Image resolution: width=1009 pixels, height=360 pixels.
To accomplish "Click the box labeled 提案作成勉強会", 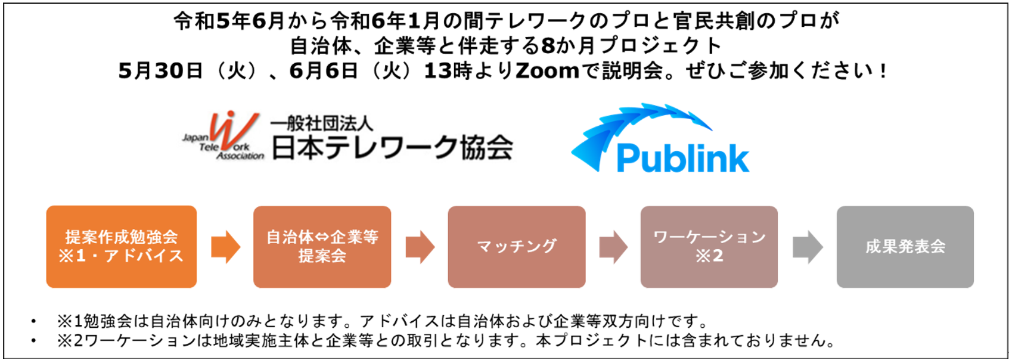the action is (121, 246).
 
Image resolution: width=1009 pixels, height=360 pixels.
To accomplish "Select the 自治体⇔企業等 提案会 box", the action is (322, 246).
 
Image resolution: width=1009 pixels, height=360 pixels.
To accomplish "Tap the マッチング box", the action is (516, 246).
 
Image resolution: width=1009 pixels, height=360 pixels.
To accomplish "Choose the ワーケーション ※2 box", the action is (709, 246).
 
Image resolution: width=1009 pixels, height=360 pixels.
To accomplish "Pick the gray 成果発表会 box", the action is (905, 246).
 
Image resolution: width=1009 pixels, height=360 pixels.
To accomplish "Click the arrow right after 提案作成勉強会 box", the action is (225, 247).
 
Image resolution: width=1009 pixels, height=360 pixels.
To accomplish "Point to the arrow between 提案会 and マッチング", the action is (420, 247).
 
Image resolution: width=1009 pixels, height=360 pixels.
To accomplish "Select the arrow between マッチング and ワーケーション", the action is (613, 247).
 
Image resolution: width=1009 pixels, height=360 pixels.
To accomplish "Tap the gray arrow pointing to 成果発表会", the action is (808, 247).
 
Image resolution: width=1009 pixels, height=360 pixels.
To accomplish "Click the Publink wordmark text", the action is (682, 158).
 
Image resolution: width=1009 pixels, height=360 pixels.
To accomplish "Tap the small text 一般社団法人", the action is (322, 123).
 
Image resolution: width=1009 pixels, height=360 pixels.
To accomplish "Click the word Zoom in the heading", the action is (547, 71).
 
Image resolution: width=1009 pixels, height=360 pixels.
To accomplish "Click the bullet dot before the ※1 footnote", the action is (33, 322).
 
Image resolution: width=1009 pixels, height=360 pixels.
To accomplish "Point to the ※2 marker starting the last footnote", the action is (64, 341).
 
